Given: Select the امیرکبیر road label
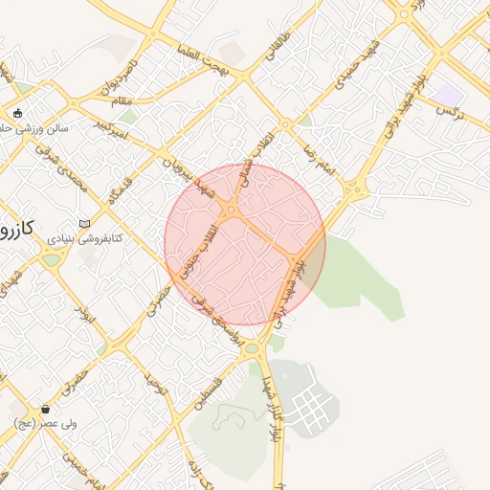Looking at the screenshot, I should coord(105,124).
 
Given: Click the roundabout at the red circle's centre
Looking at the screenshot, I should coord(231,210).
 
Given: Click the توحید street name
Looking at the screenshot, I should coord(156,389).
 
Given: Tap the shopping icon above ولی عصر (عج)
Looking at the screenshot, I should coord(45,409).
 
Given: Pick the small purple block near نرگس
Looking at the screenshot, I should coord(447,95).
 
